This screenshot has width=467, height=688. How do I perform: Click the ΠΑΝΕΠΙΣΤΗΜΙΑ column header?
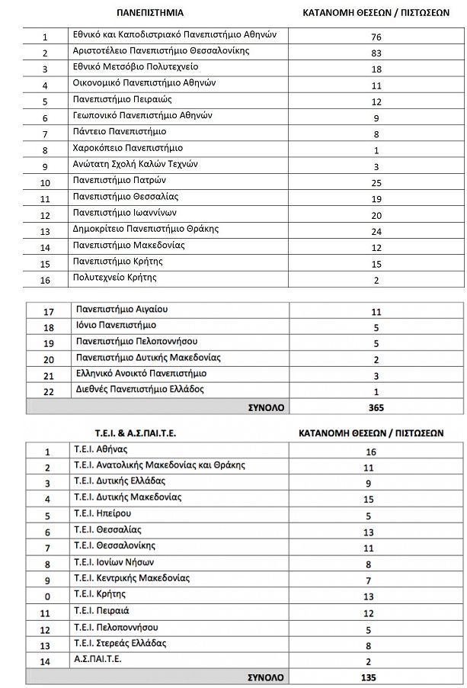coord(150,13)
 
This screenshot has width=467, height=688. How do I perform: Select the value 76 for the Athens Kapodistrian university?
coord(376,37)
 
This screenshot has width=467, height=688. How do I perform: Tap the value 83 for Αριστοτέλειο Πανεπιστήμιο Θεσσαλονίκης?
coord(376,53)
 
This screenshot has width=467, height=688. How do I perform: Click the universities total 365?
coord(376,407)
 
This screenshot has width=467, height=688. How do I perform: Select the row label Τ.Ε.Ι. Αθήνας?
coord(101,448)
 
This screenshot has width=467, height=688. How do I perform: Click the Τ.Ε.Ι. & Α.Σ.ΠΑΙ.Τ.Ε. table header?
coord(125,432)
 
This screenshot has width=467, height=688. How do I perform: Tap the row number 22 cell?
coord(50,391)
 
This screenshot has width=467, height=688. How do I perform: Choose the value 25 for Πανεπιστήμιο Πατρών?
coord(376,183)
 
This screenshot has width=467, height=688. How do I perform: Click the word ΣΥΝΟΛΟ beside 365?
coord(267,407)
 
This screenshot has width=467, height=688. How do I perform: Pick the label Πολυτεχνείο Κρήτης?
coord(115,278)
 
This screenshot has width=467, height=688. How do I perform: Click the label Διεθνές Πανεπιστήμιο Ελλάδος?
coord(141,390)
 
